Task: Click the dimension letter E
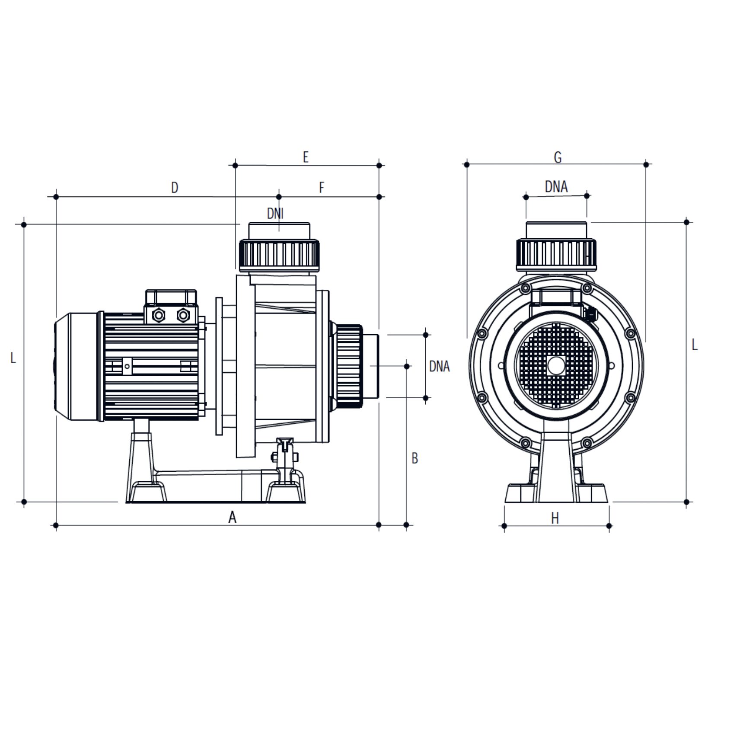(306, 157)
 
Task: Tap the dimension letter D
(175, 187)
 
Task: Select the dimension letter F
(322, 187)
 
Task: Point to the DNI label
(275, 213)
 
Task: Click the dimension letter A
(233, 517)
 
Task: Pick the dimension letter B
(415, 458)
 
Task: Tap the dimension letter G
(558, 157)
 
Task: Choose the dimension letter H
(555, 518)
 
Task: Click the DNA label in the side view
(439, 366)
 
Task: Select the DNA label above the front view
(556, 186)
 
